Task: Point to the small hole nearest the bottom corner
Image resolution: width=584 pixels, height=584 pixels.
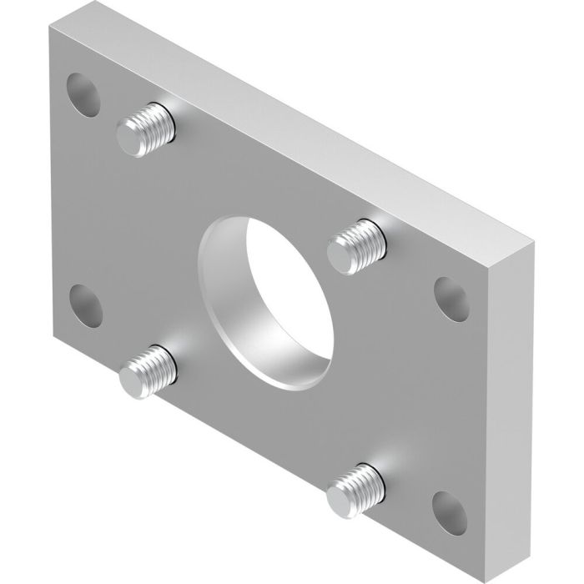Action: click(x=449, y=506)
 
